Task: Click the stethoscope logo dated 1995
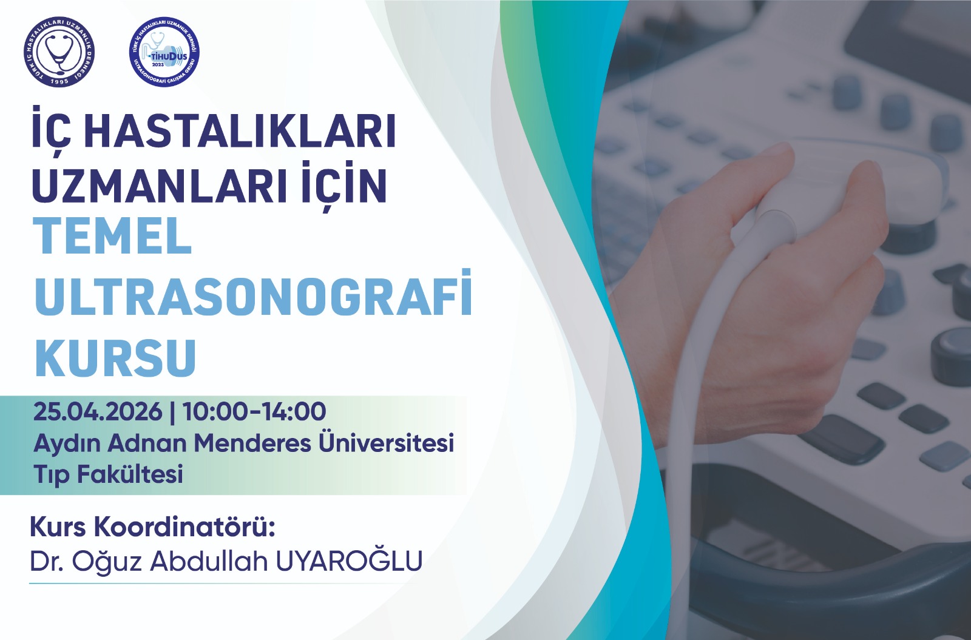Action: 59,52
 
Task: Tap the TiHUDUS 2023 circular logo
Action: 164,52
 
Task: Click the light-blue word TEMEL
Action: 112,237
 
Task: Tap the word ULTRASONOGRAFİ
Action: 253,294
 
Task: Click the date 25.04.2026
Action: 98,411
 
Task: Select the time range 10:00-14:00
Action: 254,411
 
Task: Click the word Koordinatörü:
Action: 184,527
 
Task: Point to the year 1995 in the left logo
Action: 59,81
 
